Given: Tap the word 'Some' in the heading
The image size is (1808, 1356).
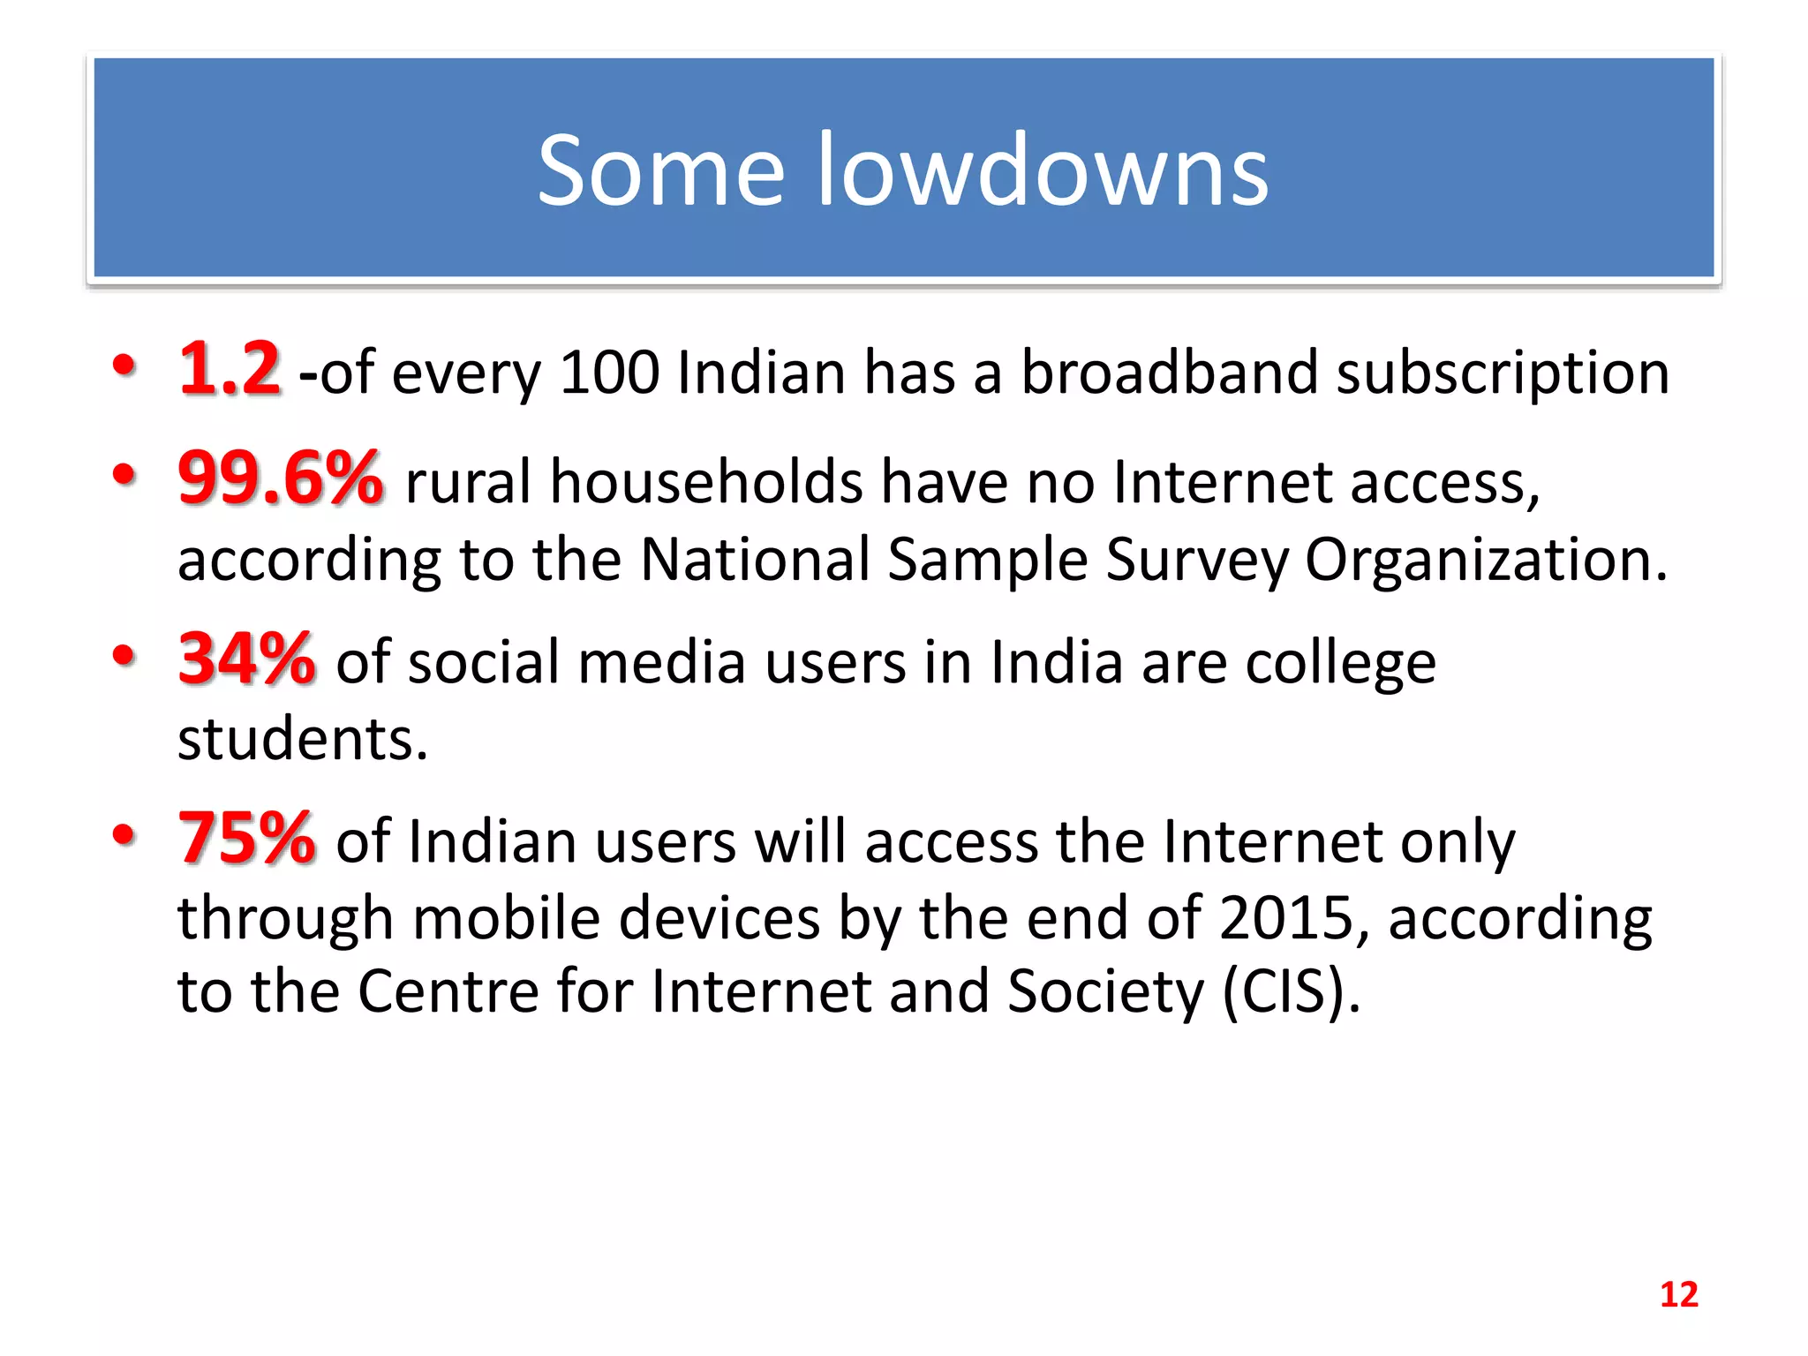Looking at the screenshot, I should (x=661, y=169).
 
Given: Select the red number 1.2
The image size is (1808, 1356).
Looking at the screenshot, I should (x=230, y=369).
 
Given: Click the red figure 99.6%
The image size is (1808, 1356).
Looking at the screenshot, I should (x=281, y=478).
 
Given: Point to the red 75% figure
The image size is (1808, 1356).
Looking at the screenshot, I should (x=246, y=838).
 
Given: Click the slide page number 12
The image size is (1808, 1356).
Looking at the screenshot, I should (x=1678, y=1294).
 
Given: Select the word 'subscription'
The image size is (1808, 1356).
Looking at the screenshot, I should (x=1503, y=374).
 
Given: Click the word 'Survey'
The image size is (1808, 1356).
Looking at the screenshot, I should (x=1197, y=561).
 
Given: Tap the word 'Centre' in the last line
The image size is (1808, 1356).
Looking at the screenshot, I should (x=448, y=991).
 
